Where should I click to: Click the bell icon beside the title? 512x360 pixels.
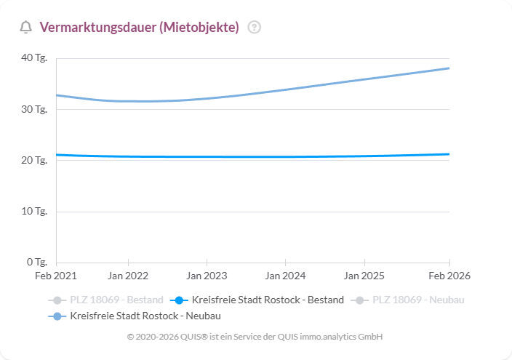pos(26,28)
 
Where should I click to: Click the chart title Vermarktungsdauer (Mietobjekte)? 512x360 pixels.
pos(139,28)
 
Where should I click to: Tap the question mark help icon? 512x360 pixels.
pos(254,28)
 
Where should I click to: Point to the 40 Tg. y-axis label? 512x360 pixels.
pos(36,58)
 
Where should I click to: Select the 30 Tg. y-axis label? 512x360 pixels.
pos(36,109)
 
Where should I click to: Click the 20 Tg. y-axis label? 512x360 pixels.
pos(36,160)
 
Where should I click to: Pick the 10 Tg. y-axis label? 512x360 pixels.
pos(36,212)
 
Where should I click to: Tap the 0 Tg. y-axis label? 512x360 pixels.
pos(38,262)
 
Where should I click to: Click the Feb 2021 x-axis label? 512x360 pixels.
pos(56,276)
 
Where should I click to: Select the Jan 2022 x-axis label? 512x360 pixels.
pos(128,276)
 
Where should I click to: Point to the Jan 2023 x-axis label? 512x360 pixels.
pos(207,276)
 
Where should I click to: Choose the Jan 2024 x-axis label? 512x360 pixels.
pos(285,276)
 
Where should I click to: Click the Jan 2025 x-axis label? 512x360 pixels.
pos(364,276)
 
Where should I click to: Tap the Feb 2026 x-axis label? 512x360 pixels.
pos(449,276)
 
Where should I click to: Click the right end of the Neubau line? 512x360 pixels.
pos(449,68)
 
